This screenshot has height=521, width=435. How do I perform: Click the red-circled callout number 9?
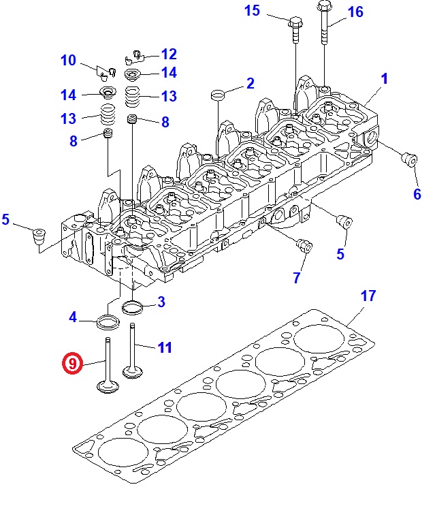click(x=72, y=363)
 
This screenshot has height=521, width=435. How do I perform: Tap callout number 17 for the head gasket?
click(x=368, y=296)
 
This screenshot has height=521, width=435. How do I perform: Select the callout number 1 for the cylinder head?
click(x=384, y=79)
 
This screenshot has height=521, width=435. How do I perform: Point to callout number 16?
click(x=355, y=12)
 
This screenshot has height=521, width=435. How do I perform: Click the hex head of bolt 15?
click(x=295, y=23)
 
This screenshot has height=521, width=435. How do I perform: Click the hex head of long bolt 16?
click(x=325, y=5)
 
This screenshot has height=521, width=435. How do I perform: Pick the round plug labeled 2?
click(x=218, y=95)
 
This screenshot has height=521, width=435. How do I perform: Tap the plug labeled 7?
click(x=304, y=246)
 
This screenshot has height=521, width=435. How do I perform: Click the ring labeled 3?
click(x=133, y=307)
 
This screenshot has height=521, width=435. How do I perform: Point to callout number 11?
click(x=165, y=347)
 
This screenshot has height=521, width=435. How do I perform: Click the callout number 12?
click(x=169, y=54)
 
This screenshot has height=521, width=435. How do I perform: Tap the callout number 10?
click(x=68, y=60)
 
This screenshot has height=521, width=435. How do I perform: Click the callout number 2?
click(x=251, y=83)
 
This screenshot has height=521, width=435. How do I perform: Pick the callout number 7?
click(x=297, y=277)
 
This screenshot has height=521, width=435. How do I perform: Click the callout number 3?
click(x=161, y=302)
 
